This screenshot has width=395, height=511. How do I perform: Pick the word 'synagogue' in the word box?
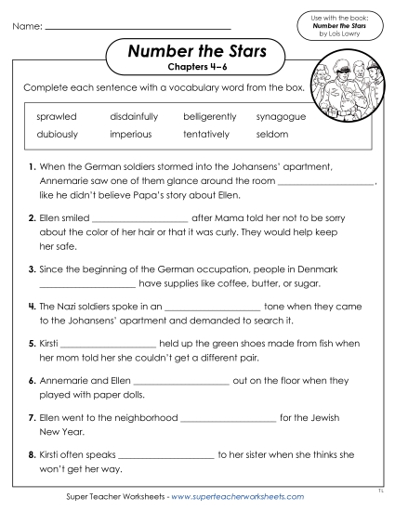point(281,117)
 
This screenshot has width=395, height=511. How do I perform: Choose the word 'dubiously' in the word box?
point(58,135)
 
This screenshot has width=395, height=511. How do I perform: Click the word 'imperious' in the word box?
point(131,135)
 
